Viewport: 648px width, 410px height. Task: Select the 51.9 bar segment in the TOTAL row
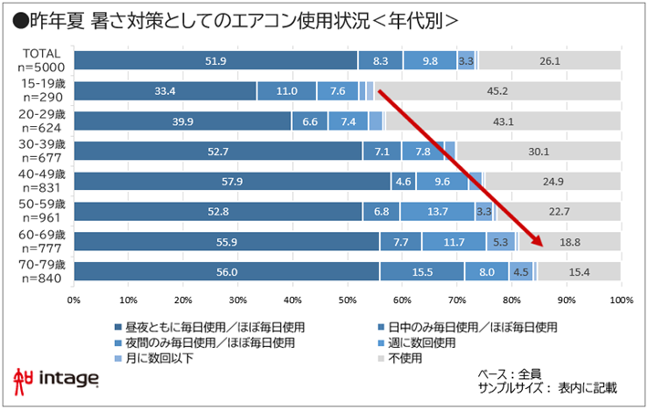click(215, 61)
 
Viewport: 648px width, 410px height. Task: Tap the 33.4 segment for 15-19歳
click(165, 91)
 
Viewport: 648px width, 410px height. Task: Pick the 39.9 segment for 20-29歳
click(183, 121)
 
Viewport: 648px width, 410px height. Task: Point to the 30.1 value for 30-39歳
click(538, 151)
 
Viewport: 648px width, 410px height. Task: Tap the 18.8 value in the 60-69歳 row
click(568, 241)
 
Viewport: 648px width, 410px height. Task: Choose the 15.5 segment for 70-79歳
click(422, 271)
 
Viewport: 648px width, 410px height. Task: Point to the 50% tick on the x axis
click(347, 299)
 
